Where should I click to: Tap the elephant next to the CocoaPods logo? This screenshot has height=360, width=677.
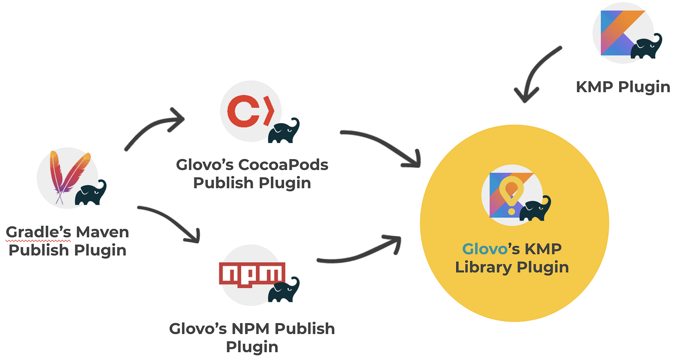click(x=284, y=131)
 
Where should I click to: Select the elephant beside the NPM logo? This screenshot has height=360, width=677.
click(x=284, y=290)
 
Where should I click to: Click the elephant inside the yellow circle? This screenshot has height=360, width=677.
click(x=535, y=208)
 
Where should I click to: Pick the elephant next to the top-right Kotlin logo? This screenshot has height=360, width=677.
click(x=647, y=47)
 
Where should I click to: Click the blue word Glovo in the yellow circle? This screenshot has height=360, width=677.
click(x=481, y=249)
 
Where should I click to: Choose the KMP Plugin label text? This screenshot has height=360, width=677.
click(x=623, y=87)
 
